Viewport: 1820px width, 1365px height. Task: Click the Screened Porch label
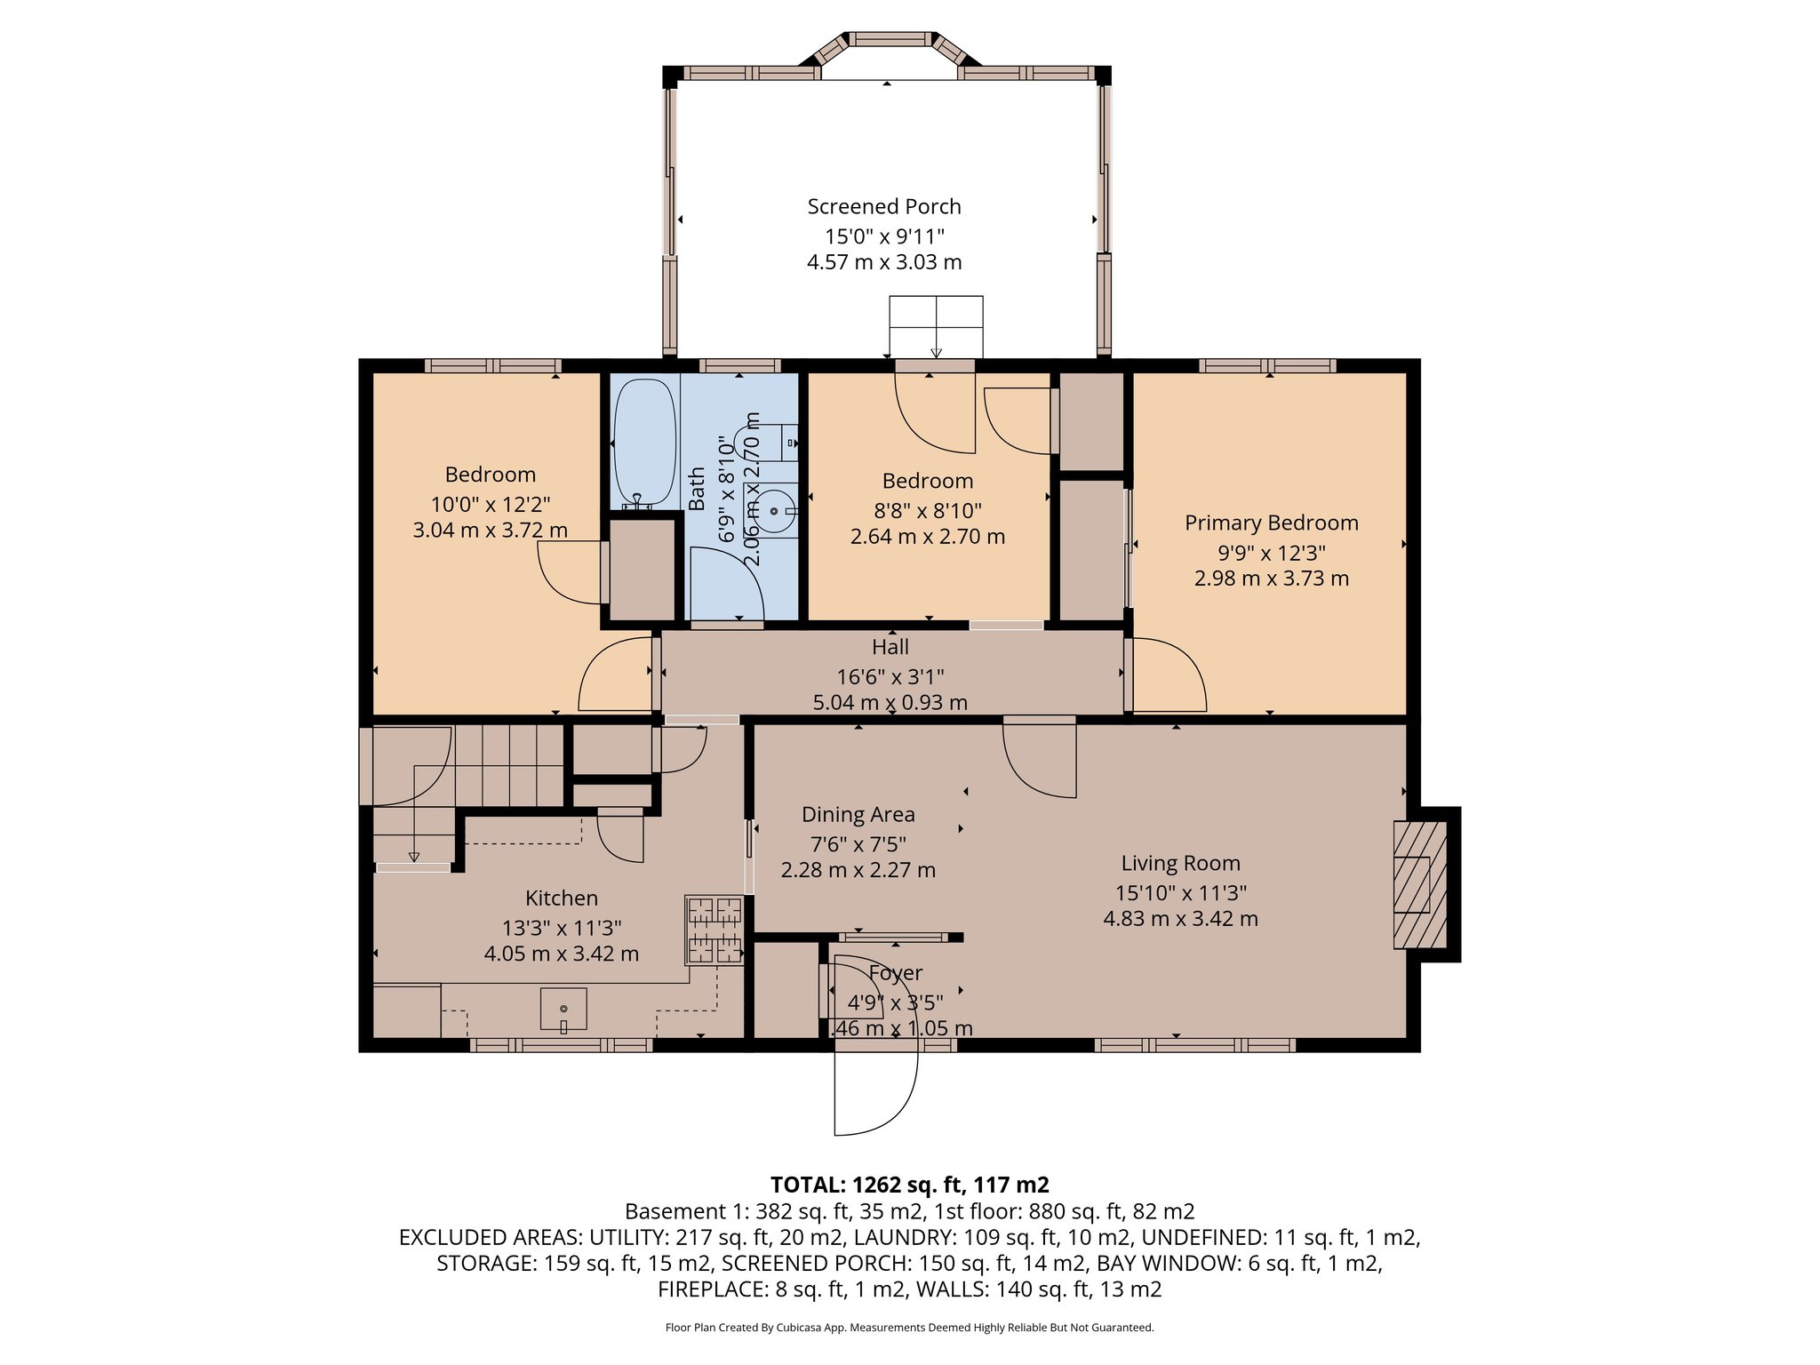click(x=883, y=207)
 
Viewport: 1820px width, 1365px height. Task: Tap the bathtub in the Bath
click(x=643, y=443)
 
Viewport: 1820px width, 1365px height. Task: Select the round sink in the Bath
click(x=773, y=512)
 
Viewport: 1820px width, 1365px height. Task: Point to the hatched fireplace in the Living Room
click(x=1419, y=884)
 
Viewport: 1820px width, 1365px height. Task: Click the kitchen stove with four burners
click(x=714, y=930)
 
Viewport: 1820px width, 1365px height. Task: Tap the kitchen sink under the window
click(x=563, y=1010)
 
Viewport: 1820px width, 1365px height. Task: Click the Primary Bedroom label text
click(x=1271, y=523)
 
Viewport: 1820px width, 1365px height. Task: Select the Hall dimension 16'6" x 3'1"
click(x=890, y=677)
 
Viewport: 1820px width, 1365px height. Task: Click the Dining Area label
click(x=858, y=815)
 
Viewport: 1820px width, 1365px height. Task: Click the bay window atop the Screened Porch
click(x=890, y=49)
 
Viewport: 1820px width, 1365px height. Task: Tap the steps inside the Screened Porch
click(x=936, y=326)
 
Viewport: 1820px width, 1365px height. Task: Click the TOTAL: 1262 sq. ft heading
click(x=909, y=1185)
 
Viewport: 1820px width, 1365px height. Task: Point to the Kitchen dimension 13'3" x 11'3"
click(x=561, y=929)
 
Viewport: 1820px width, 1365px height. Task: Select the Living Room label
click(x=1180, y=864)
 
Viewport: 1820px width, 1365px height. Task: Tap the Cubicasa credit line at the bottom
click(x=909, y=1328)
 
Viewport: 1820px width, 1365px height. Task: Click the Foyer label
click(x=895, y=974)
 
